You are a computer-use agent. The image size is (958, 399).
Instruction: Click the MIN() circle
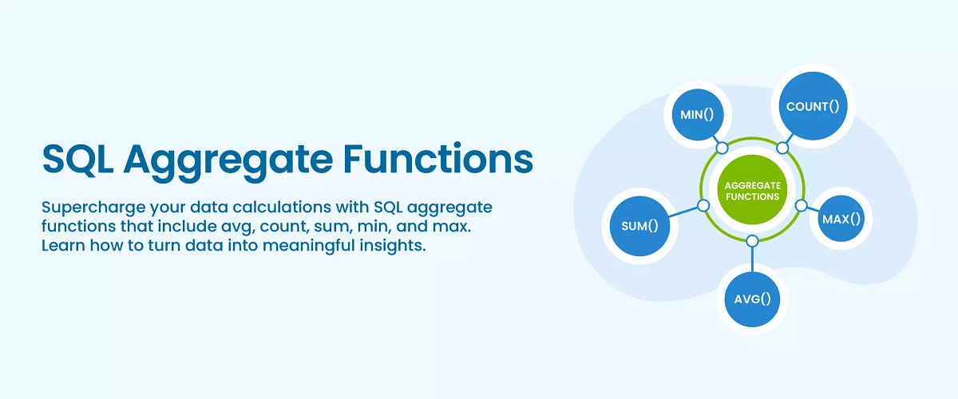click(697, 114)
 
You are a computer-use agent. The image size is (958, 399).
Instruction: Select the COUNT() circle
click(813, 106)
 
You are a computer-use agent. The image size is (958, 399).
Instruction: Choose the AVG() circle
click(753, 299)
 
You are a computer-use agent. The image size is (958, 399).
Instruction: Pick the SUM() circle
click(639, 225)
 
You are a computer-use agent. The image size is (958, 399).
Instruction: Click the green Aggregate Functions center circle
click(751, 191)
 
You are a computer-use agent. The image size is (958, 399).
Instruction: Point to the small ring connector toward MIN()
click(722, 148)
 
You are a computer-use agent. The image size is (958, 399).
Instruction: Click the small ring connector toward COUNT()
click(783, 148)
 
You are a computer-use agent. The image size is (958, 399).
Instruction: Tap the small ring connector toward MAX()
click(802, 206)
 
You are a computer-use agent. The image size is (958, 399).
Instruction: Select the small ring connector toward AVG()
click(751, 241)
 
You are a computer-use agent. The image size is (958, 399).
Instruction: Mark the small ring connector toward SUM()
click(703, 206)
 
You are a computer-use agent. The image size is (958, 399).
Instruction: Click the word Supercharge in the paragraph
click(85, 207)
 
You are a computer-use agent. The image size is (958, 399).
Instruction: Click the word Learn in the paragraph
click(61, 246)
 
